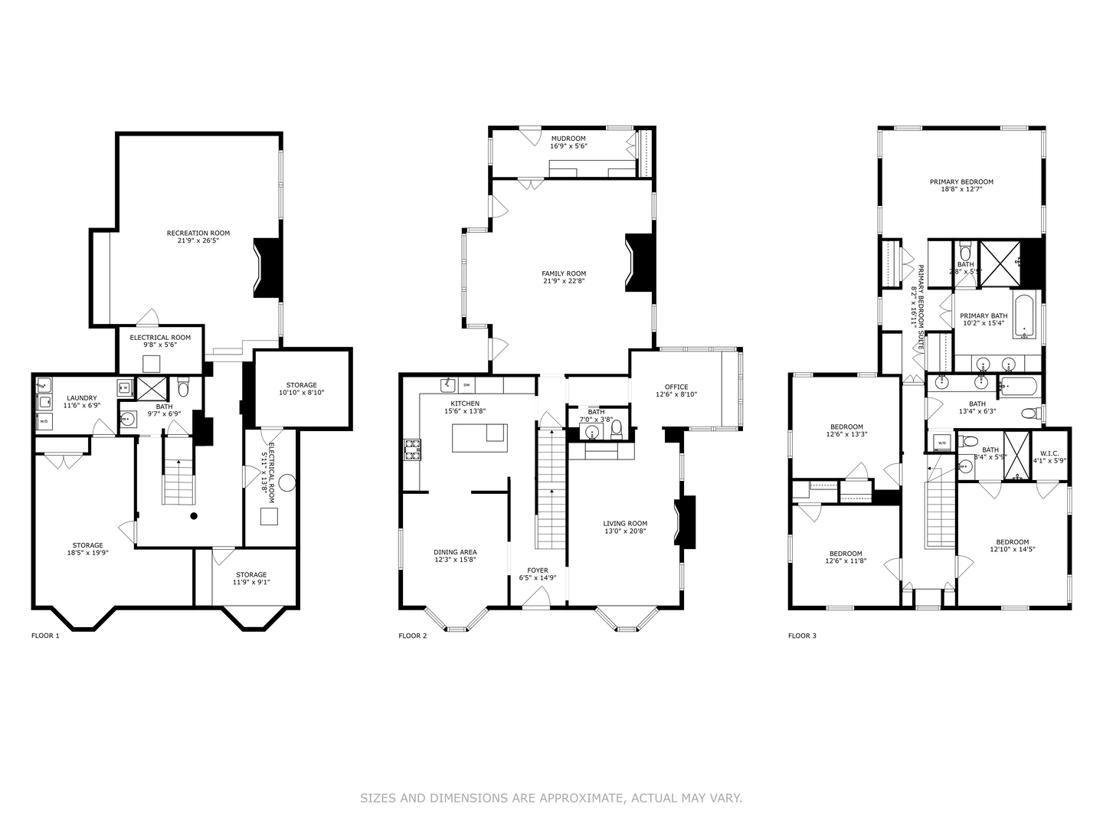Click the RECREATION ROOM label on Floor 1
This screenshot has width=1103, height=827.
[x=198, y=234]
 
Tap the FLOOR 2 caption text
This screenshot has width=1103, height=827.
[x=413, y=636]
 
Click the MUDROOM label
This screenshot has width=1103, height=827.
[x=568, y=139]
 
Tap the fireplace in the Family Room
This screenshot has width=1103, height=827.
[x=640, y=263]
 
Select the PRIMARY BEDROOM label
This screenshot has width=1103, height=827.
[x=961, y=182]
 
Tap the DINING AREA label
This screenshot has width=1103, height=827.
[x=456, y=552]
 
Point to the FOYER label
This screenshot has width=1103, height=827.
[x=537, y=570]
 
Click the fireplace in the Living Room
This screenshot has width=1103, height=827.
[x=685, y=521]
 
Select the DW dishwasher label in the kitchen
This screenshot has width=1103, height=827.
[x=466, y=384]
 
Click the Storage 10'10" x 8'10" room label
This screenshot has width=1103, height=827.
[x=302, y=385]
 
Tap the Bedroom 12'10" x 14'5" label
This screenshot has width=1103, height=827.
[x=1009, y=541]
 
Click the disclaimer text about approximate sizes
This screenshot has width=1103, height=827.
[x=551, y=798]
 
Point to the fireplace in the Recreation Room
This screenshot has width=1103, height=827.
[x=268, y=268]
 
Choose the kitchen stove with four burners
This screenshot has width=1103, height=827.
[x=412, y=449]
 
